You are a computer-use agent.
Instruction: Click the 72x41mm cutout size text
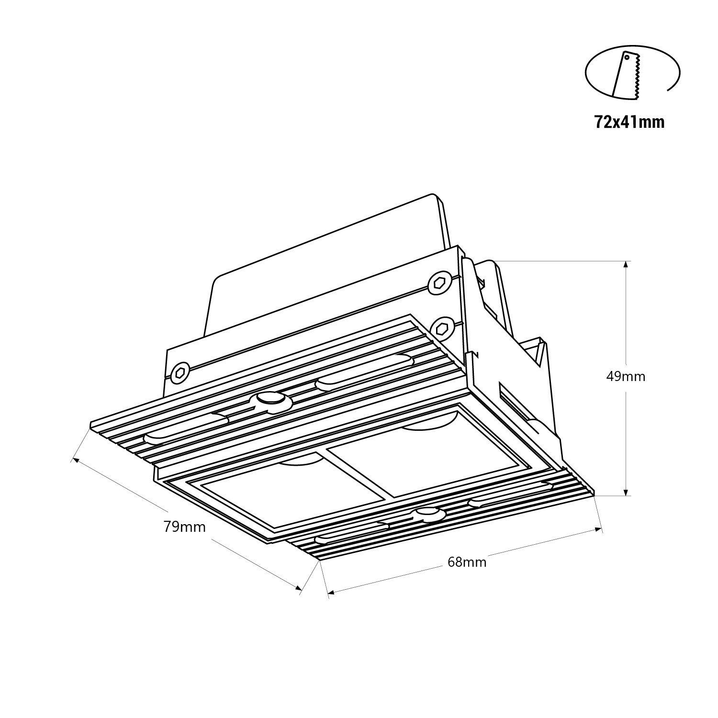(629, 123)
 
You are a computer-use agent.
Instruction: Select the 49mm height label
(626, 377)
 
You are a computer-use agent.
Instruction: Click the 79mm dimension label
(184, 527)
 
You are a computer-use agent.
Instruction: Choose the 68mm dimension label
(467, 562)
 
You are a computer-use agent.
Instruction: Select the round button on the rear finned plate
(270, 400)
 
